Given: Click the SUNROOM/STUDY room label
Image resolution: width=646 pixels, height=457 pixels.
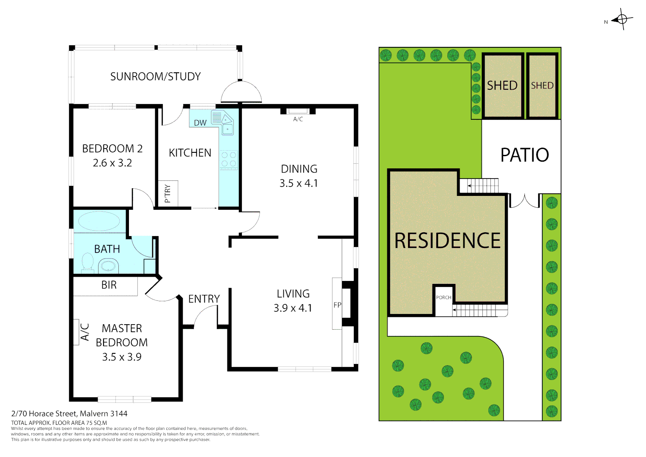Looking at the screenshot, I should [x=155, y=77].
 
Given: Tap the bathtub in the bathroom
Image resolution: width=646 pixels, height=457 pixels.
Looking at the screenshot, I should [x=99, y=221].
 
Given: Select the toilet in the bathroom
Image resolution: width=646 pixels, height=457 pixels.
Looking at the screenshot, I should [x=88, y=262].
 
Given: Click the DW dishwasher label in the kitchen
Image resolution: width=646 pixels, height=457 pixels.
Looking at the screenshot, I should [x=200, y=123].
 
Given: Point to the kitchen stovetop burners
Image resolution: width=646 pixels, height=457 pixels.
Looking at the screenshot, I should [x=229, y=160].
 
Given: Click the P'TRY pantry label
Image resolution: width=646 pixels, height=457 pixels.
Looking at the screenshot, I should [x=168, y=193].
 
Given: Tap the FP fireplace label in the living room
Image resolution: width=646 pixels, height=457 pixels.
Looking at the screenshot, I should [x=337, y=305].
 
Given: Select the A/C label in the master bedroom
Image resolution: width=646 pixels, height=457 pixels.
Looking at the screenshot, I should [x=85, y=332].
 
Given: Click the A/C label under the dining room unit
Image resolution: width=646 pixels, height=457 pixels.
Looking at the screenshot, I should [x=298, y=119].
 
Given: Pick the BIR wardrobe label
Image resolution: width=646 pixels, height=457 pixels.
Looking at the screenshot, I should [x=109, y=285].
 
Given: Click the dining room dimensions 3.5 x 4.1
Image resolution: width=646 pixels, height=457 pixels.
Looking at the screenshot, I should [x=298, y=183].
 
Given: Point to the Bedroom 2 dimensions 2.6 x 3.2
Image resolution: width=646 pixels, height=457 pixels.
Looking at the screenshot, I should [x=112, y=163].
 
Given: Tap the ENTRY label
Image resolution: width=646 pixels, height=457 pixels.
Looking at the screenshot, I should [x=204, y=299].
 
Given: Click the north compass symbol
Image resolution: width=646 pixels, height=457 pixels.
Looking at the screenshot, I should [x=621, y=19].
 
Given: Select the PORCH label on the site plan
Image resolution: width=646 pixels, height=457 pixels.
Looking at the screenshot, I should [x=443, y=297].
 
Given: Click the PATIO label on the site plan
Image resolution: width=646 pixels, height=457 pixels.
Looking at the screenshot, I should [x=525, y=155].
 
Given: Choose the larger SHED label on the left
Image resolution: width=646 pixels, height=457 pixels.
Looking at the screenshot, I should [x=502, y=85].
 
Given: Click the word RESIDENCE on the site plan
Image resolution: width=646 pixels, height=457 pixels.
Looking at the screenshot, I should [x=447, y=240].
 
